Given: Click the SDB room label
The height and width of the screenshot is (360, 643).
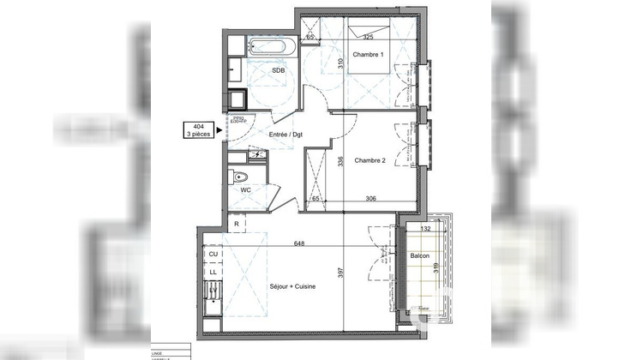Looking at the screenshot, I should point(279,72).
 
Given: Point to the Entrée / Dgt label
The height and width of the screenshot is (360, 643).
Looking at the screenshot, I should point(285,135).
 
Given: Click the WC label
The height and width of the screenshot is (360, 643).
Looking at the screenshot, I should point(245,189).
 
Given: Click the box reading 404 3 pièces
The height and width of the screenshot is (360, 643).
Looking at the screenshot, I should point(198,130).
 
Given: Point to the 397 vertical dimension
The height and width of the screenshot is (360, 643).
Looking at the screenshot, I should point(340,273).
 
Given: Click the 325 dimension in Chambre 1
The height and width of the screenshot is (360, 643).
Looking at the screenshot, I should point(368,37).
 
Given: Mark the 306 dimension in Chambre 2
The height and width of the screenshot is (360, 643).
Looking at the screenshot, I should point(371,198).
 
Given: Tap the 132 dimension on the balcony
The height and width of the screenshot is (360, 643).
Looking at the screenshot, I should point(425,229).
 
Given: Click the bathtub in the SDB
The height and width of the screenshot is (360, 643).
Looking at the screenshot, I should point(270,47).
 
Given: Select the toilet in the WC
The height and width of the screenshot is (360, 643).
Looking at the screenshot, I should point(243,177).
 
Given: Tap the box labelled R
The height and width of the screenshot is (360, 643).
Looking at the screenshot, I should point(237,224).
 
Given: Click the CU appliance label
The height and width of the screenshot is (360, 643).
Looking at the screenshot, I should point(212,254).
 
